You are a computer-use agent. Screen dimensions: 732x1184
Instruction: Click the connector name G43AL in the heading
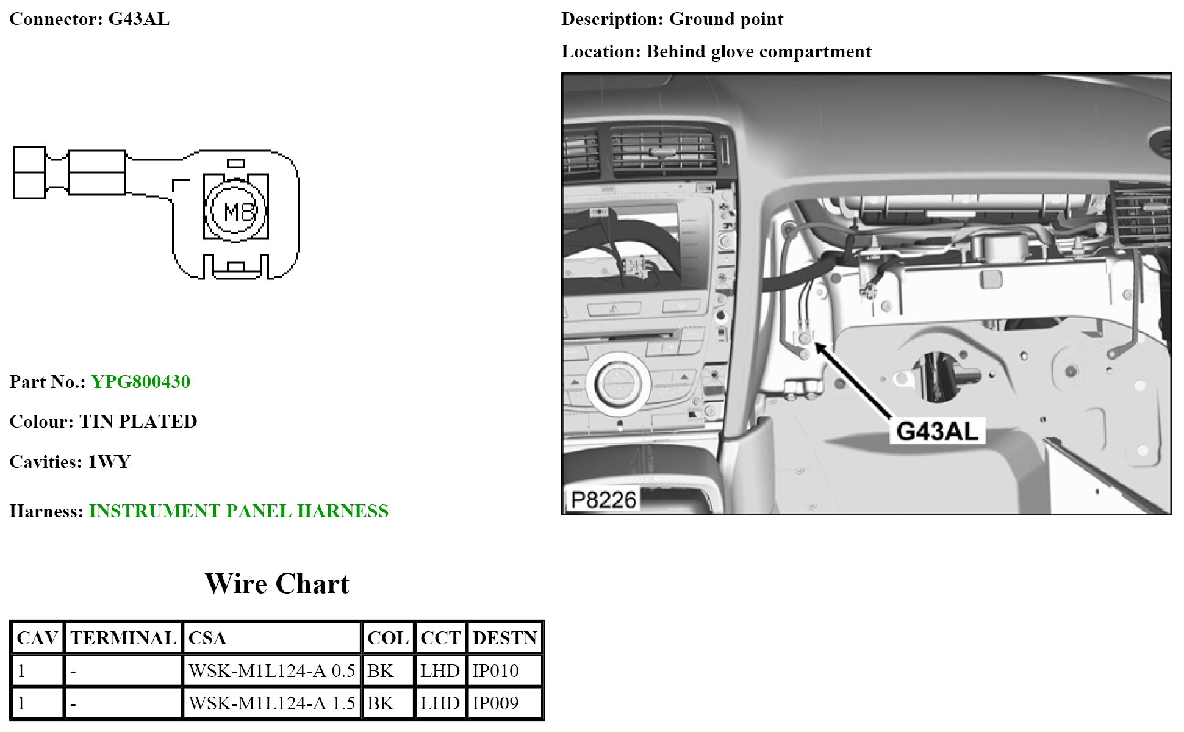[138, 19]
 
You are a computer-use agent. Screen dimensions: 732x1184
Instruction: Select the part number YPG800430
[140, 382]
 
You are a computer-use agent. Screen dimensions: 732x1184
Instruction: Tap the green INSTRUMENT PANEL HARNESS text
[239, 511]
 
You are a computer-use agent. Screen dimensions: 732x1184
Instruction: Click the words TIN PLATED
[138, 422]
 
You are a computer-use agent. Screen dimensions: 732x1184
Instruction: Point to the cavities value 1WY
[109, 462]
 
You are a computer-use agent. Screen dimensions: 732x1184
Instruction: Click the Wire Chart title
[277, 584]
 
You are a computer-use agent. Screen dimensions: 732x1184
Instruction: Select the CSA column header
[207, 638]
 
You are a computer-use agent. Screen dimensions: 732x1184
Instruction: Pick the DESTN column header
[504, 638]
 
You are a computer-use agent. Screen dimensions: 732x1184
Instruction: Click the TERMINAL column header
[123, 638]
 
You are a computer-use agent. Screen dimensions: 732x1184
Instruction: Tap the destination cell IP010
[495, 671]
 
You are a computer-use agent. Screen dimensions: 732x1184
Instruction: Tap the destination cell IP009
[495, 703]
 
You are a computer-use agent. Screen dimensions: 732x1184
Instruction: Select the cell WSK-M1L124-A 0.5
[271, 671]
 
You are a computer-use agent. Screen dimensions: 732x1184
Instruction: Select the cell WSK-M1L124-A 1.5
[271, 703]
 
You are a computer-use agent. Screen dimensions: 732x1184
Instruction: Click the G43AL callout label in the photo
[937, 431]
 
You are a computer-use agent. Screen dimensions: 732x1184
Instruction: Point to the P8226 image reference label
[603, 500]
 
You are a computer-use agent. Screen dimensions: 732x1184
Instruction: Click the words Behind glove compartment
[759, 51]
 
